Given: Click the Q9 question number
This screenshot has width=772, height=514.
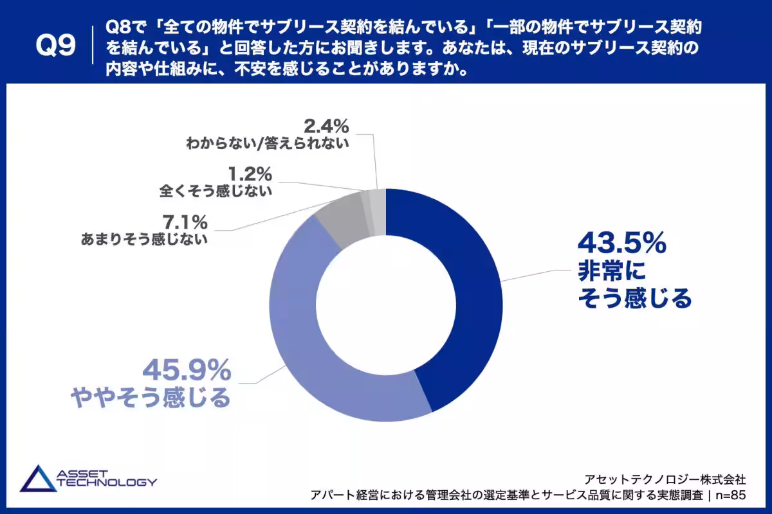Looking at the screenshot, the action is point(55,46).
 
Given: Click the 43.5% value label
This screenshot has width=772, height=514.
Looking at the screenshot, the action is point(622,243).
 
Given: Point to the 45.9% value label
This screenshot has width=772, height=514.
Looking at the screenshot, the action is point(187,370).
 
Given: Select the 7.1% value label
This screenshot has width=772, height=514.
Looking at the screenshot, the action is point(185,222).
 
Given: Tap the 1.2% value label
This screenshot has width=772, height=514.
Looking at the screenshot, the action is point(250,174).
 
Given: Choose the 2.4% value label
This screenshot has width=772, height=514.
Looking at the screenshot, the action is point(326,126).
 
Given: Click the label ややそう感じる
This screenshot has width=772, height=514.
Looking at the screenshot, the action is point(151,398).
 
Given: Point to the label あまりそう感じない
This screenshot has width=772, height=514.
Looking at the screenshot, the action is point(144,239).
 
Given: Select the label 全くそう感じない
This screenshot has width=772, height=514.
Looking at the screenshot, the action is point(216,191).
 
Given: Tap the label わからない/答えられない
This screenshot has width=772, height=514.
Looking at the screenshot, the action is point(268,143).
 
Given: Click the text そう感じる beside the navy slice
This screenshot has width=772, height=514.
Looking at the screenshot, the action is point(635,298).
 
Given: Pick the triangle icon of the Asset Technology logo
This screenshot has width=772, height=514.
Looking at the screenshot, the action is point(38,479).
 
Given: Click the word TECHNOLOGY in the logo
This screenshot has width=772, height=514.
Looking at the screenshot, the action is point(107,482).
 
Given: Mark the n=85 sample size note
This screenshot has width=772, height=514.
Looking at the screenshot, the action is point(731,495).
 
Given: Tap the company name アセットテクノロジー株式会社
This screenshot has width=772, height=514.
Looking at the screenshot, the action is point(665,479).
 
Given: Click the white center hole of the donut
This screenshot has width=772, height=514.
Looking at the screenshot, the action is point(386,305).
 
